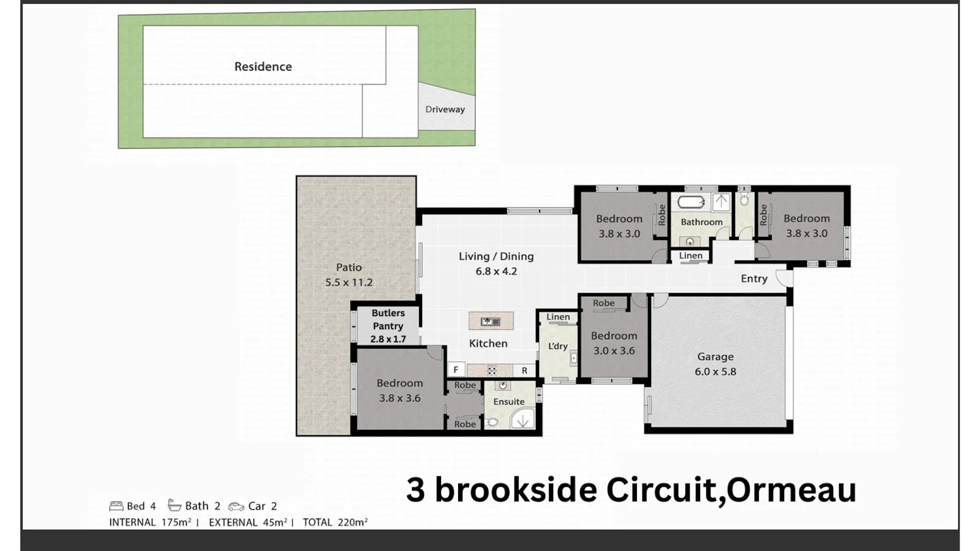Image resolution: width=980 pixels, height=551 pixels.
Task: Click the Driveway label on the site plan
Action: pyautogui.click(x=445, y=110)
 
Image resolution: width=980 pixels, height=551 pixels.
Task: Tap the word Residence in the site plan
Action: pyautogui.click(x=263, y=67)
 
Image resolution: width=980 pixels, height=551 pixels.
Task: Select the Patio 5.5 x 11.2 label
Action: pyautogui.click(x=349, y=275)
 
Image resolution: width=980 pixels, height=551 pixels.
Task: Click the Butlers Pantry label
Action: pyautogui.click(x=388, y=325)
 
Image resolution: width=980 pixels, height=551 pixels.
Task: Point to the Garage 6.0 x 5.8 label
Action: pyautogui.click(x=715, y=364)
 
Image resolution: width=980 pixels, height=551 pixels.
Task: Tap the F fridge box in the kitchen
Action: pyautogui.click(x=456, y=370)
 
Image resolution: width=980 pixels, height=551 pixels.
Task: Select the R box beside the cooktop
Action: pyautogui.click(x=524, y=370)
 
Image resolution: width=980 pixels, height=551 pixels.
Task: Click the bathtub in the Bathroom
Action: pyautogui.click(x=692, y=202)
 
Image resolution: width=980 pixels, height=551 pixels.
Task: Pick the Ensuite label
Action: pyautogui.click(x=509, y=402)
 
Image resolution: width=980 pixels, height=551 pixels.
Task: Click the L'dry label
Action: pyautogui.click(x=557, y=346)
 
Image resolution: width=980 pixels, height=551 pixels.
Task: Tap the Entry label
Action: pyautogui.click(x=754, y=279)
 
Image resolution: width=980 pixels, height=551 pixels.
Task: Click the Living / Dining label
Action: pyautogui.click(x=496, y=263)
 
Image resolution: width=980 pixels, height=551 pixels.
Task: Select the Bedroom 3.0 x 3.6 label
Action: pyautogui.click(x=614, y=343)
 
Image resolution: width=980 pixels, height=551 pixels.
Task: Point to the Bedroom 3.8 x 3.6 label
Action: pyautogui.click(x=399, y=390)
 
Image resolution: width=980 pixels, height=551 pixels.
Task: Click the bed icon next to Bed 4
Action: pyautogui.click(x=116, y=506)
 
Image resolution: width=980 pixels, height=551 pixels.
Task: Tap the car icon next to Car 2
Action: pyautogui.click(x=236, y=506)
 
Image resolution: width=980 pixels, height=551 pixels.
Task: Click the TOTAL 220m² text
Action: pyautogui.click(x=335, y=522)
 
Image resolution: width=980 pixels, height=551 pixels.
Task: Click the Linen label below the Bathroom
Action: pyautogui.click(x=691, y=256)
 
